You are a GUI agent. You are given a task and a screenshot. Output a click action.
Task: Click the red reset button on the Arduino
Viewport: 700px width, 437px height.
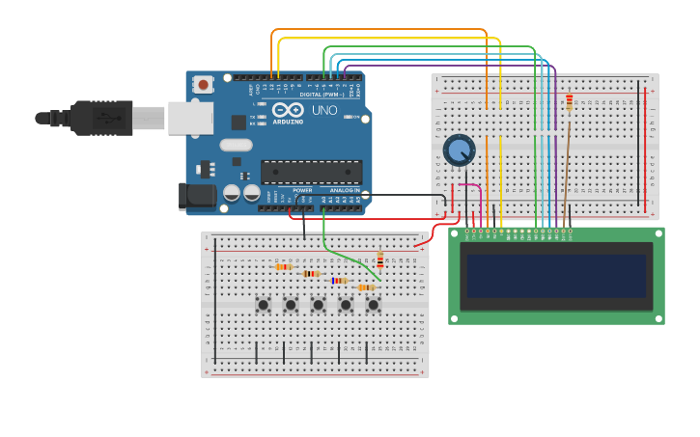coord(203,85)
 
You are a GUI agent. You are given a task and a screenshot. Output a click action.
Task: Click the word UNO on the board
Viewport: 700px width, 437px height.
coord(325,111)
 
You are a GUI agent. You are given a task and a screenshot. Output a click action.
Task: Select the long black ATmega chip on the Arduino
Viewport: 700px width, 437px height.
coord(311,172)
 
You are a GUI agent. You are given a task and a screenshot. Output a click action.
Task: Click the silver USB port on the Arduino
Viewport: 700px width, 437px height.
coord(190,118)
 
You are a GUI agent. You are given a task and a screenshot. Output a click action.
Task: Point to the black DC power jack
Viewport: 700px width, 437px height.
coord(197,196)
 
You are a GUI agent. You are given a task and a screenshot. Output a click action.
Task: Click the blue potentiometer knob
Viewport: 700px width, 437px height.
coord(459,150)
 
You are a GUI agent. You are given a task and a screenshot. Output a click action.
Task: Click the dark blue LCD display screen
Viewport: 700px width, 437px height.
coord(556,276)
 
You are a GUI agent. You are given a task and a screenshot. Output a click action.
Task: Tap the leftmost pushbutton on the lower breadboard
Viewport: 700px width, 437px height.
coord(263,305)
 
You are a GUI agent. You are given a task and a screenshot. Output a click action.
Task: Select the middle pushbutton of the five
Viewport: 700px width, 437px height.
coord(318,305)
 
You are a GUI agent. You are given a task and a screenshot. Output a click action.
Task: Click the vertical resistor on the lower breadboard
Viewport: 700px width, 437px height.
coord(379,260)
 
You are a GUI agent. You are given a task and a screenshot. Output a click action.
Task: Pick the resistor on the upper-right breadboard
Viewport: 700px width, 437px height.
coord(569,102)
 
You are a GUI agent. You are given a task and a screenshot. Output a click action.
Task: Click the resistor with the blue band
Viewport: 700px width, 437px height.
coord(338,281)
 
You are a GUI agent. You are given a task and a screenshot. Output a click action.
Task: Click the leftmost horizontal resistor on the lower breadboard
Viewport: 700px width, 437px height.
coord(283,267)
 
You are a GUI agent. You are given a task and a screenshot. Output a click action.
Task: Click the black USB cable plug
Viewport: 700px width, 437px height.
coord(87,118)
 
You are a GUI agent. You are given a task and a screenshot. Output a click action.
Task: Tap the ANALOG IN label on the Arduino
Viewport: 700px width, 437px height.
coord(344,191)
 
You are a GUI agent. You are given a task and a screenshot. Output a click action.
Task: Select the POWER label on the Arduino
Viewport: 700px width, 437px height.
coord(302,191)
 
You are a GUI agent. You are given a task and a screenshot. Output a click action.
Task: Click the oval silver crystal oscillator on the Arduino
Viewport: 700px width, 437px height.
coord(236,145)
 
